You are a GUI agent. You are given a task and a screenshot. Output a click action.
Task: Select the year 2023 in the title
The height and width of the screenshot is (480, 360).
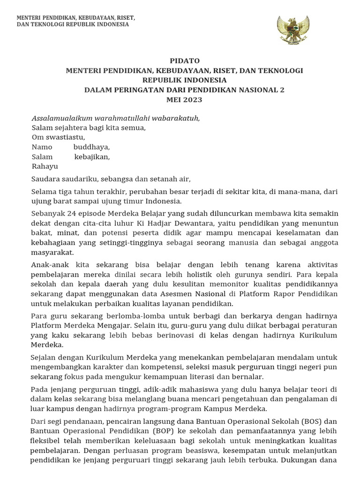coord(193,99)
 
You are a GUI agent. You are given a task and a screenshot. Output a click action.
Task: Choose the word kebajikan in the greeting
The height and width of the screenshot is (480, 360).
coord(92,157)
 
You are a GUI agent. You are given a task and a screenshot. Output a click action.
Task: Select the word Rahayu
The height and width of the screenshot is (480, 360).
coord(45,166)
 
